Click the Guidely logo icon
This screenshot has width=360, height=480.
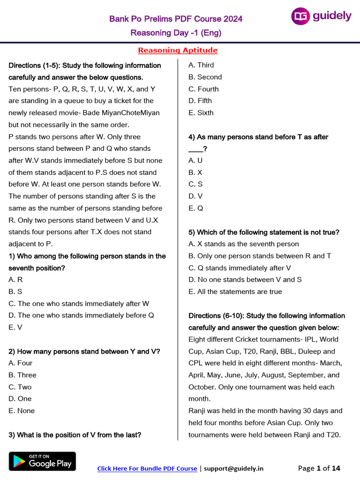pos(300,16)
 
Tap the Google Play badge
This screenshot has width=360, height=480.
pos(42,461)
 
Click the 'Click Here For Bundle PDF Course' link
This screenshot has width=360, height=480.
pos(147,468)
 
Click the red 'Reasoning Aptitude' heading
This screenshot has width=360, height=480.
pos(178,50)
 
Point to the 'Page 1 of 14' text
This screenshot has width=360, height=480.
pos(319,468)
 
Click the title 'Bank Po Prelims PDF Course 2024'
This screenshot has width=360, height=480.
pos(176,19)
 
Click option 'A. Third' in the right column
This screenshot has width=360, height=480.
pos(201,65)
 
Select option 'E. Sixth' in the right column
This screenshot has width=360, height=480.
pos(201,113)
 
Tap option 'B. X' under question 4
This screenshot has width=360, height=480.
pos(195,172)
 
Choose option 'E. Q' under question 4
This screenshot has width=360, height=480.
pos(196,208)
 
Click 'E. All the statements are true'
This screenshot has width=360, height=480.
pos(235,292)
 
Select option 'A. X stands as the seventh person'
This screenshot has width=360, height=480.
pos(244,244)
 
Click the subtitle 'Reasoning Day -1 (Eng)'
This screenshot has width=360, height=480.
pos(176,33)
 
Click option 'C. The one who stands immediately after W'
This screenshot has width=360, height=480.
pos(79,304)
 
